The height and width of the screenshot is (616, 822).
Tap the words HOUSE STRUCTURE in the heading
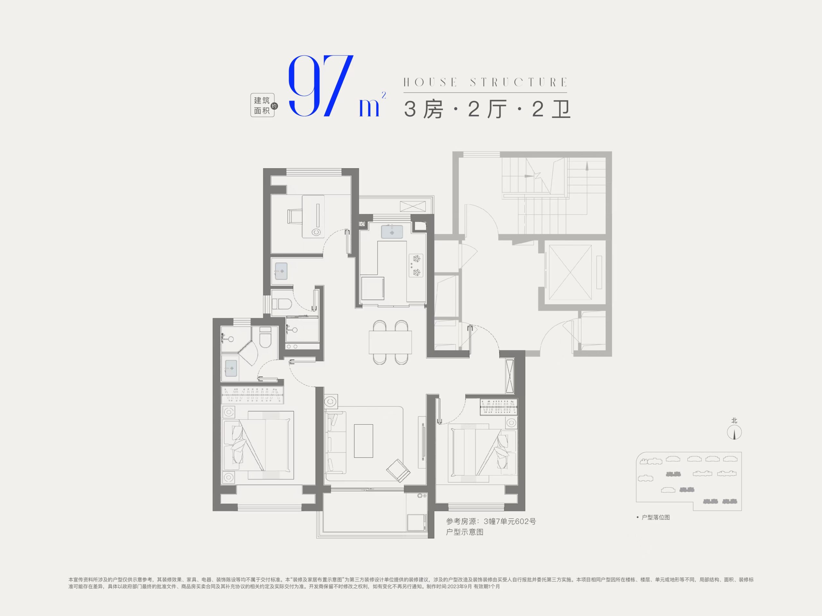pos(485,82)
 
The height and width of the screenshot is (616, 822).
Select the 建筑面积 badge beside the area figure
pos(262,105)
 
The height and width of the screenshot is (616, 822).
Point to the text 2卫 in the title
pos(551,109)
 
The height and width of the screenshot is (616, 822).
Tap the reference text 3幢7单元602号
pos(510,521)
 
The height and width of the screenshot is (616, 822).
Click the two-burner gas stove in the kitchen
pos(416,265)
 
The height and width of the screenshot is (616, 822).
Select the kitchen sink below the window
pos(392,232)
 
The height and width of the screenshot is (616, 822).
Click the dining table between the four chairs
pos(390,342)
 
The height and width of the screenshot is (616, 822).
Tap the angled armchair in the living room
pos(398,470)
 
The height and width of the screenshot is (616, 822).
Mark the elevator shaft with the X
pos(570,272)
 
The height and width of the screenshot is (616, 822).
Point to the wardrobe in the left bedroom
pos(253,395)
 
